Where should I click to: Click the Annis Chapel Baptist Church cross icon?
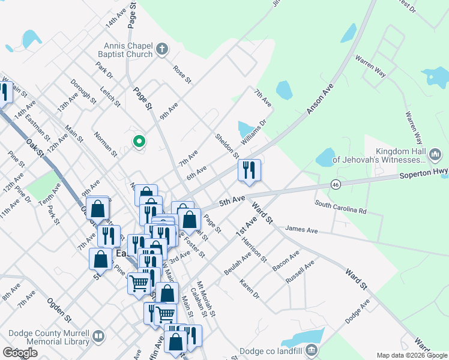163,50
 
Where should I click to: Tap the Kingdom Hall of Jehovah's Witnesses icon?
436,156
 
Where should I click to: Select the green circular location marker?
139,142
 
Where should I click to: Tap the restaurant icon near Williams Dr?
249,170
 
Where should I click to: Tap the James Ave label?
302,229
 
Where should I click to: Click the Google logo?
20,353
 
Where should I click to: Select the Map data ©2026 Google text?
412,355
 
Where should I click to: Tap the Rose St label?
182,74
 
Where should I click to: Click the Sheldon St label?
227,146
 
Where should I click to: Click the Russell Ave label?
300,273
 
